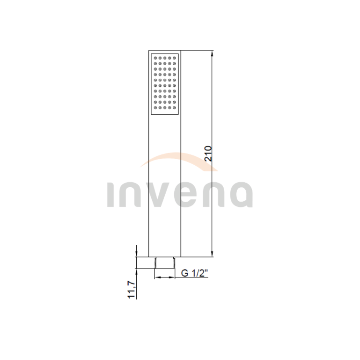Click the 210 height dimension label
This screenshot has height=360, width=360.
pyautogui.click(x=208, y=154)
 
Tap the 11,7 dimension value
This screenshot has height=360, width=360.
pyautogui.click(x=132, y=290)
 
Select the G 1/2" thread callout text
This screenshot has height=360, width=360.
pyautogui.click(x=194, y=273)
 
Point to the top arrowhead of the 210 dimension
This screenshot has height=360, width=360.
pyautogui.click(x=212, y=54)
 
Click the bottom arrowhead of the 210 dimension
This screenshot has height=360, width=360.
pyautogui.click(x=212, y=253)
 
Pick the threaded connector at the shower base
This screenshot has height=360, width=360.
pyautogui.click(x=164, y=263)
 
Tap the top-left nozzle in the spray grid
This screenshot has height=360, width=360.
pyautogui.click(x=155, y=58)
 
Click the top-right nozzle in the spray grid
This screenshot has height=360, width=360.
pyautogui.click(x=174, y=58)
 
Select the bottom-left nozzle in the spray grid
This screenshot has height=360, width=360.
pyautogui.click(x=155, y=108)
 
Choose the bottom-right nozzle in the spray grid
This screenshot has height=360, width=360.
pyautogui.click(x=174, y=108)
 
